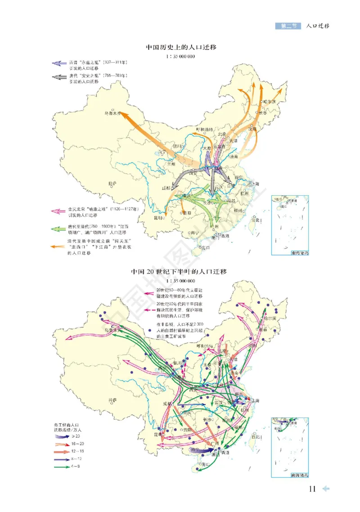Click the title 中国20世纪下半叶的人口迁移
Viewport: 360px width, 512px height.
179,272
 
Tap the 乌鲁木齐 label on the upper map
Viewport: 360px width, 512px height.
113,114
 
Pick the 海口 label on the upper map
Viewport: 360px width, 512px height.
206,247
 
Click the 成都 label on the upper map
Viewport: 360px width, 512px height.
165,188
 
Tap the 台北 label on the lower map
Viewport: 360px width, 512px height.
256,436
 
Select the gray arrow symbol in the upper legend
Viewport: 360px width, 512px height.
58,77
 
